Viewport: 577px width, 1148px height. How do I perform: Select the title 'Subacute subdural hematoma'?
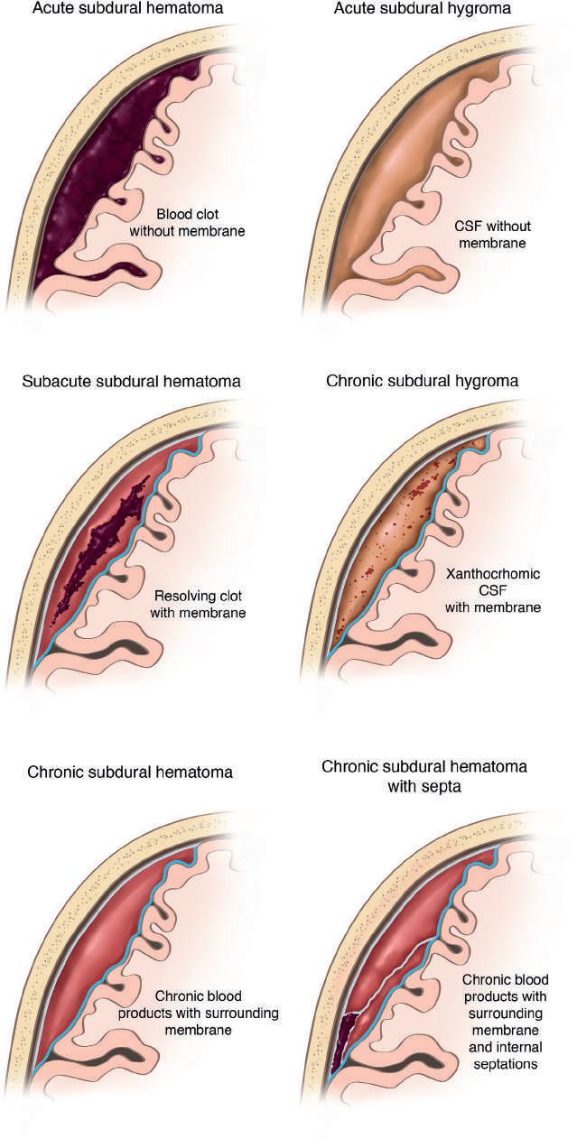click(x=131, y=381)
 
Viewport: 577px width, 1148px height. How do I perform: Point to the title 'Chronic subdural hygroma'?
click(x=422, y=381)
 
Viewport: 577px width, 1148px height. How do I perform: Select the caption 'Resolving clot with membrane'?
click(x=200, y=605)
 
